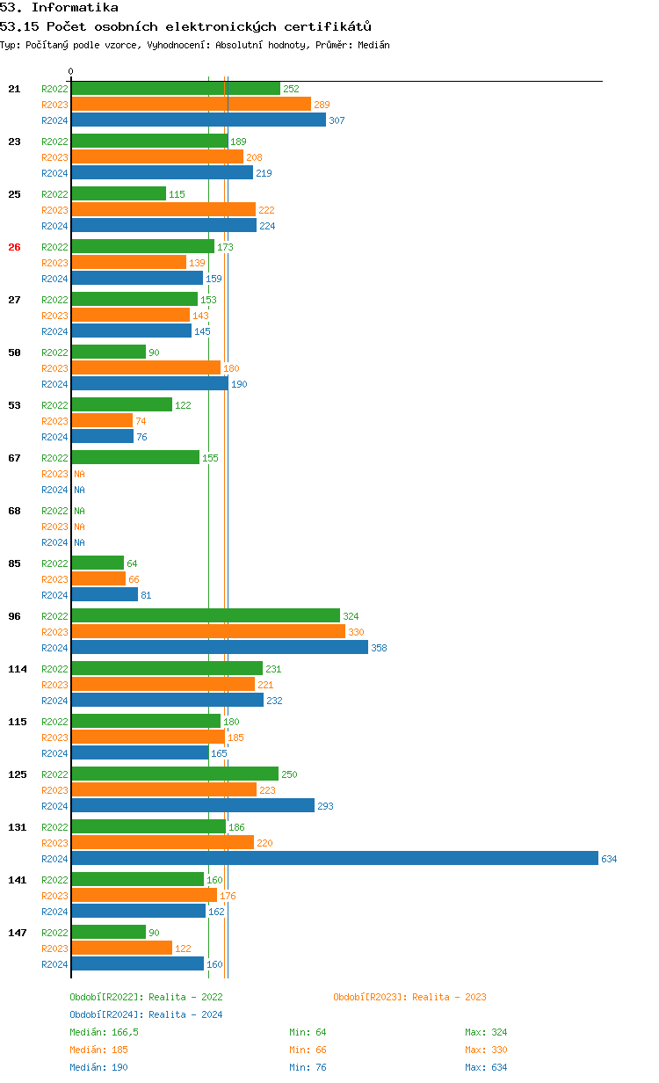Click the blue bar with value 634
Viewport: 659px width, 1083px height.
click(x=335, y=858)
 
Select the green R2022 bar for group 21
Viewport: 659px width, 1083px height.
click(x=176, y=89)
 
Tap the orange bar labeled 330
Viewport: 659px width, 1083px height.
click(x=209, y=631)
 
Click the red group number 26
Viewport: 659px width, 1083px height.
click(x=14, y=247)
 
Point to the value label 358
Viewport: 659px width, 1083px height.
click(x=379, y=648)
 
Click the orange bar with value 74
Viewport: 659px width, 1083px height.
click(x=103, y=420)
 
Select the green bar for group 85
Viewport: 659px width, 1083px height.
click(x=98, y=563)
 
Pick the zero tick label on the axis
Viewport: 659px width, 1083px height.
click(x=70, y=71)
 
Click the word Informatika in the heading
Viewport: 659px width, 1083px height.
click(x=75, y=7)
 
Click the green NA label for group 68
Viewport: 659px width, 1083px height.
click(x=79, y=511)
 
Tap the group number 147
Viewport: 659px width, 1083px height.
click(x=18, y=933)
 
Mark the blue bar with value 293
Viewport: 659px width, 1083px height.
click(x=193, y=805)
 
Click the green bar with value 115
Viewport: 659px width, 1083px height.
click(x=119, y=194)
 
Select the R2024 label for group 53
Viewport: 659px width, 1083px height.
click(x=54, y=437)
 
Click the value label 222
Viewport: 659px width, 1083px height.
click(x=266, y=210)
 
